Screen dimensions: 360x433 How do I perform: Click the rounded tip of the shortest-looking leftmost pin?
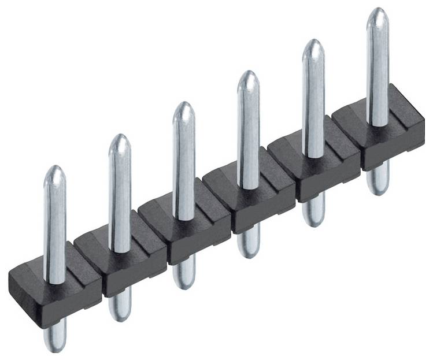(55, 172)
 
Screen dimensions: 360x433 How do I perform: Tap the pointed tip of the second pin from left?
(120, 140)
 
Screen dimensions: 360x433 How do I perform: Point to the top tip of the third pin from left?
(184, 107)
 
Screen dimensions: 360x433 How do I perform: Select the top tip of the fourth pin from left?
(248, 77)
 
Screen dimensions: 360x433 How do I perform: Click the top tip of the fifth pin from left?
(313, 45)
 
